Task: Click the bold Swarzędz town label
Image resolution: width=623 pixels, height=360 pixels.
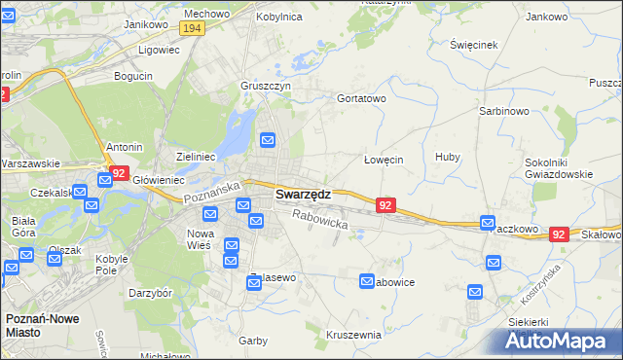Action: (303, 195)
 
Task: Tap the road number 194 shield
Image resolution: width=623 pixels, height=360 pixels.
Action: (192, 29)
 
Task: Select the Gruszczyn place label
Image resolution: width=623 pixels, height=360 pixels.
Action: (266, 86)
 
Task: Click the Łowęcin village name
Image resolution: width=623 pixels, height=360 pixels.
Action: (383, 160)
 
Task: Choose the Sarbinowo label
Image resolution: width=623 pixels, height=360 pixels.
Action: (502, 112)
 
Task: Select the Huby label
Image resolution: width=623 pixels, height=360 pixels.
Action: (447, 157)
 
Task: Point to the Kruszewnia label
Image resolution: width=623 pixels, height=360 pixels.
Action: (353, 335)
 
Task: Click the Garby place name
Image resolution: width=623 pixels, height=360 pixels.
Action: (253, 341)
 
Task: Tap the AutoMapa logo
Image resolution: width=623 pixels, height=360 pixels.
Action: (562, 342)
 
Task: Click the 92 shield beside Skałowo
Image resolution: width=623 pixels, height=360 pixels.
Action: (558, 234)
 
